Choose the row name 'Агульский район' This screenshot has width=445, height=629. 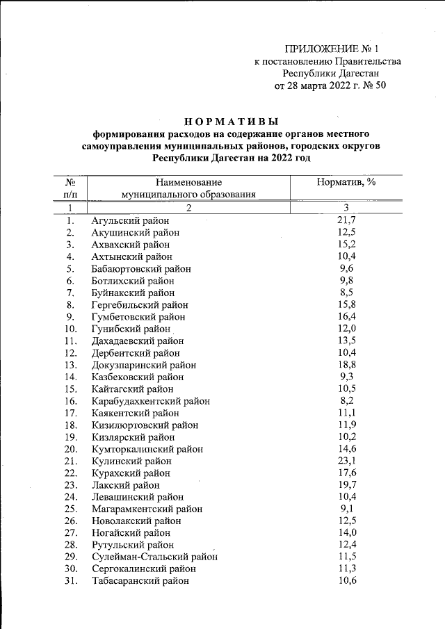131,221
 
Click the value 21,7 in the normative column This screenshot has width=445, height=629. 346,221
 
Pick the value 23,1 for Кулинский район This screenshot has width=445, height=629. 346,460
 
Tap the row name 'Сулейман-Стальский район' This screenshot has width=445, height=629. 154,557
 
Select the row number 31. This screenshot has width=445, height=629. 70,581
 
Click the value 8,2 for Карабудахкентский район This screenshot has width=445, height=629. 346,401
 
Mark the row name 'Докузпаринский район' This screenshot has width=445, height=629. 144,365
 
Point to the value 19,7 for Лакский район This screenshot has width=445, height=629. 346,484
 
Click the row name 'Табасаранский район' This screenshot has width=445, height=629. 140,581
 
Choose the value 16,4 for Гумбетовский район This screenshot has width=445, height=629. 346,317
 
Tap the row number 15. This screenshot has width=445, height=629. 70,389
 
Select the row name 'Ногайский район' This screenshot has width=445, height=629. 133,532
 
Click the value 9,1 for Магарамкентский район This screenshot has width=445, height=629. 346,509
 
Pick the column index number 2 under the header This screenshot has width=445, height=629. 188,208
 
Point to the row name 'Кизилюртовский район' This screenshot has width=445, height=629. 145,425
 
